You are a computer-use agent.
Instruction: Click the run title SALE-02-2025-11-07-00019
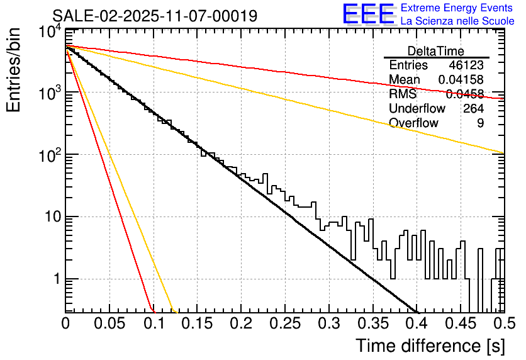[x=154, y=16]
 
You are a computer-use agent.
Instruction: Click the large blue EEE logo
[x=368, y=15]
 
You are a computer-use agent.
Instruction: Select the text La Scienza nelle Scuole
[x=457, y=21]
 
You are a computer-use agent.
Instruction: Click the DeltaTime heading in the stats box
[x=436, y=51]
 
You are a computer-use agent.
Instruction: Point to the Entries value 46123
[x=466, y=65]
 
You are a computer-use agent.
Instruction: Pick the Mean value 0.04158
[x=461, y=80]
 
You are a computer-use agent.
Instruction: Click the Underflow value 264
[x=473, y=109]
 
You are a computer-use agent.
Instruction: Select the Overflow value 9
[x=480, y=123]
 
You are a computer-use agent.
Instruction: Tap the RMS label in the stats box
[x=403, y=94]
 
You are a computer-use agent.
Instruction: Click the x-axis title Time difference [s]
[x=429, y=346]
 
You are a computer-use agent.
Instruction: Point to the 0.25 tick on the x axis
[x=285, y=323]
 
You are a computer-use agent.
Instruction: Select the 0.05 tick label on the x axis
[x=109, y=323]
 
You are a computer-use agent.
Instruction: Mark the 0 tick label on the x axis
[x=66, y=323]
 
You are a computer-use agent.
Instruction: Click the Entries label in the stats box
[x=408, y=65]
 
